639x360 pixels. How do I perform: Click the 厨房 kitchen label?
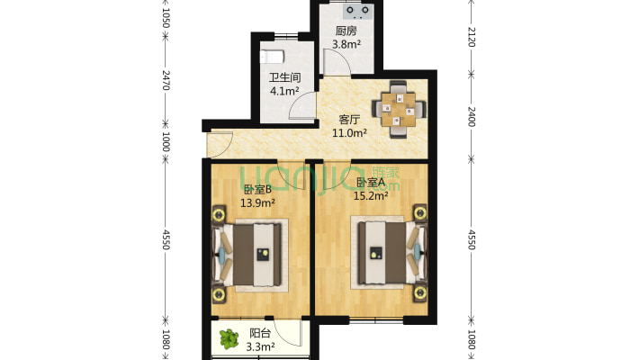(x=346, y=31)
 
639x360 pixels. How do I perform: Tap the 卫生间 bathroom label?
(x=285, y=77)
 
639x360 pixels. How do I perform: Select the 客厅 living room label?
(x=349, y=120)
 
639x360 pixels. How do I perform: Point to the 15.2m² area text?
(x=371, y=196)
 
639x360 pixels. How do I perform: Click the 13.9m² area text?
(x=257, y=202)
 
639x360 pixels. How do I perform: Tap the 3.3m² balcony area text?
(x=260, y=347)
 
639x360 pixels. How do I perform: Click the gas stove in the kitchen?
(x=358, y=12)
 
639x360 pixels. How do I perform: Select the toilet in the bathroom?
(x=272, y=57)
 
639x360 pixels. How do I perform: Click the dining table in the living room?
(x=398, y=110)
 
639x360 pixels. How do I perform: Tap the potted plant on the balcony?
(x=229, y=339)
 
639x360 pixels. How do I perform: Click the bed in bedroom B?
(x=256, y=255)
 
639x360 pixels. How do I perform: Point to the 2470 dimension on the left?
(x=166, y=80)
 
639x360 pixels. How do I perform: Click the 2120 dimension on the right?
(x=471, y=37)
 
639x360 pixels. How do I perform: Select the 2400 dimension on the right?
(x=471, y=117)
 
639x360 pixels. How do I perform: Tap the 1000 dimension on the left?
(x=166, y=141)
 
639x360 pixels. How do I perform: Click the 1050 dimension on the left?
(x=166, y=17)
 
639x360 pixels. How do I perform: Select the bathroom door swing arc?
(x=302, y=105)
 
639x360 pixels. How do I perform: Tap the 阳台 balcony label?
(x=260, y=333)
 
